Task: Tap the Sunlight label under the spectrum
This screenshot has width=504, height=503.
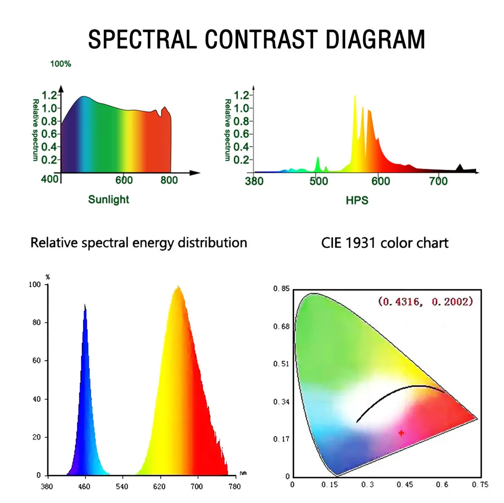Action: click(x=108, y=200)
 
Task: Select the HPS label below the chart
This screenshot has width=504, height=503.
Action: click(x=357, y=200)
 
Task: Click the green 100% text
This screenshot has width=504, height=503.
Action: click(x=60, y=64)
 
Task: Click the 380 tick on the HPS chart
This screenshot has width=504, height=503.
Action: click(x=254, y=181)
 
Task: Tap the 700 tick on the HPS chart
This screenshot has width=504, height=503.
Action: click(x=438, y=181)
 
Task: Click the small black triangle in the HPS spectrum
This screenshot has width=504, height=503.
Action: click(x=460, y=168)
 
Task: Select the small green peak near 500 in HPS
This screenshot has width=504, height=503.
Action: click(x=318, y=162)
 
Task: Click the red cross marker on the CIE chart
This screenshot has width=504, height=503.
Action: click(x=401, y=432)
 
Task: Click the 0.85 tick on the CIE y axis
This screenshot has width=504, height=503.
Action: click(x=280, y=289)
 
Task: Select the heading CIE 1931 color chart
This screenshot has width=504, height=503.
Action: click(x=385, y=243)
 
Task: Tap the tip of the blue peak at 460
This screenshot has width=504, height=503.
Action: click(x=85, y=306)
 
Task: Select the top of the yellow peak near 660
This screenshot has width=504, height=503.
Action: click(x=178, y=288)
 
